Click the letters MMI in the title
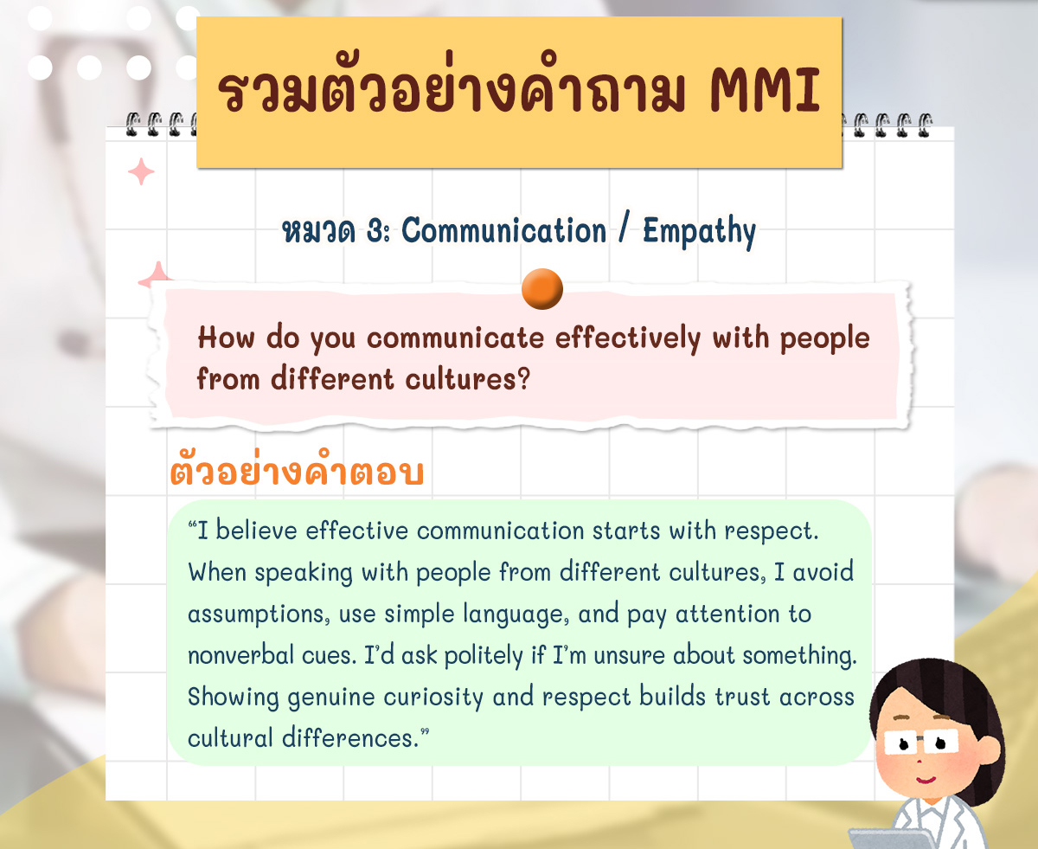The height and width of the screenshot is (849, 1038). (x=766, y=90)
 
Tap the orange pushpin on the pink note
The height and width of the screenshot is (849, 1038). (x=541, y=289)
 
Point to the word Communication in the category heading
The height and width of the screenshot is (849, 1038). (x=503, y=230)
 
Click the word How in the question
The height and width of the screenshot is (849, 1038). (x=227, y=338)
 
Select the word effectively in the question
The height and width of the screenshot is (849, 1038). (x=627, y=338)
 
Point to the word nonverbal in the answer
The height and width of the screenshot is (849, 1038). (x=241, y=655)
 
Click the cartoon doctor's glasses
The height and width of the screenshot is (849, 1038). (x=921, y=743)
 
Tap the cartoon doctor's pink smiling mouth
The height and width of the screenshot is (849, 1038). (x=926, y=780)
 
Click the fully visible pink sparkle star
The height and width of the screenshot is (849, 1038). (x=141, y=171)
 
